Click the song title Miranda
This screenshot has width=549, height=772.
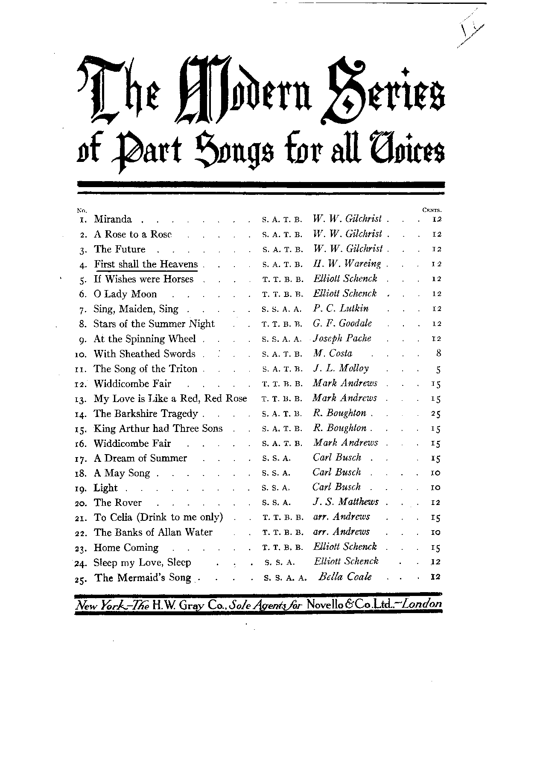(x=113, y=220)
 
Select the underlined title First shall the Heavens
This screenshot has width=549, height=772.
(x=146, y=264)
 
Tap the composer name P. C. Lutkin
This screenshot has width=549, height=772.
(x=341, y=308)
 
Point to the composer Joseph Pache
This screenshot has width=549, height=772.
(x=342, y=338)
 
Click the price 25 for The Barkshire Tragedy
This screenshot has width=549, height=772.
(x=436, y=414)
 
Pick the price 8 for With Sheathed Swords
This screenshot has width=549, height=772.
(x=438, y=354)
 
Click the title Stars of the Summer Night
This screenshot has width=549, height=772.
(x=154, y=324)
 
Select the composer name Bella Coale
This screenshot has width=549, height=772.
(x=345, y=577)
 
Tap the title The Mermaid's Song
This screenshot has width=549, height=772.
(x=143, y=578)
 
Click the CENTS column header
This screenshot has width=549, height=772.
(x=431, y=210)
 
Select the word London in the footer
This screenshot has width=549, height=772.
(x=421, y=604)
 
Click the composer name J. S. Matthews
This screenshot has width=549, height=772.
(x=345, y=502)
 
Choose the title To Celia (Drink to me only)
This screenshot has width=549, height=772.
(x=158, y=517)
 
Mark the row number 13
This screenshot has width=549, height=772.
(x=81, y=399)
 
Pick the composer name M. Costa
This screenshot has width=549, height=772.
(x=333, y=353)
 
